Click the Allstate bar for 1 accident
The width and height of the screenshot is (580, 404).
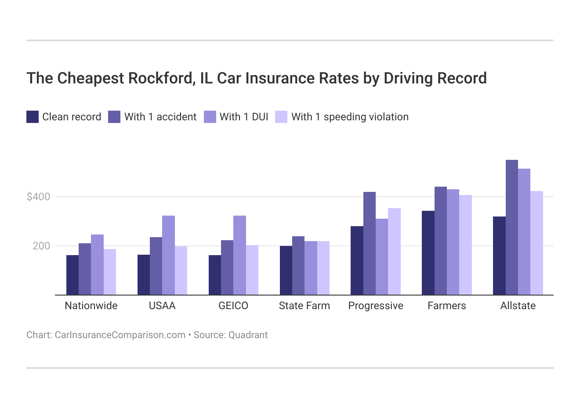(511, 227)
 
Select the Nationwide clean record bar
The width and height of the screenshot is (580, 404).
(72, 275)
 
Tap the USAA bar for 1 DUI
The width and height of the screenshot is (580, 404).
(168, 255)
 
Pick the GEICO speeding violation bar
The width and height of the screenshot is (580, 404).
(252, 270)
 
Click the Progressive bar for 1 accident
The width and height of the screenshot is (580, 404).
(370, 243)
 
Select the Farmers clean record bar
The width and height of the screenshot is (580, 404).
(428, 252)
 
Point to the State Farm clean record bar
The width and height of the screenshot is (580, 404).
(286, 270)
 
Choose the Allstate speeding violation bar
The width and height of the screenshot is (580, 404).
(536, 243)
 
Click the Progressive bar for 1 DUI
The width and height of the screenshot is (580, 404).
(382, 256)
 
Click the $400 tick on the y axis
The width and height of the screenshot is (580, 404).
(39, 197)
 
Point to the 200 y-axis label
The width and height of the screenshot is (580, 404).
(41, 246)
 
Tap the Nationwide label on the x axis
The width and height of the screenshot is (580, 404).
(91, 306)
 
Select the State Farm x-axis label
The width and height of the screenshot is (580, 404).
(304, 306)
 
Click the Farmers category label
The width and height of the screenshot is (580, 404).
(446, 306)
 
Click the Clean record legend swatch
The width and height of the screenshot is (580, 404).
(33, 117)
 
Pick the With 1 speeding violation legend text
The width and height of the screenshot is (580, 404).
(350, 117)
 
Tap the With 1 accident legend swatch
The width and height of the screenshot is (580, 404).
(114, 117)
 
